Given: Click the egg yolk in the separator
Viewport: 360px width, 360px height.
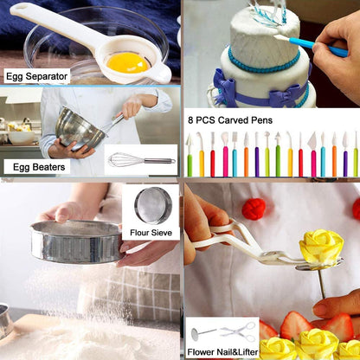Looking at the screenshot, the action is [x=127, y=62].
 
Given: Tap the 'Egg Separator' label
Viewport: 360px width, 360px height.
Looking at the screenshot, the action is [x=36, y=76].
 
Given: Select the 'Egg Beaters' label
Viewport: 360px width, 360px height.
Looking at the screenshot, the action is [x=39, y=167].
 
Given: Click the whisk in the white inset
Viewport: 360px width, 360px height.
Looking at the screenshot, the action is [x=141, y=159].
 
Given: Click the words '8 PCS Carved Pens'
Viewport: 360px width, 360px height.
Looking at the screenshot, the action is [x=230, y=120].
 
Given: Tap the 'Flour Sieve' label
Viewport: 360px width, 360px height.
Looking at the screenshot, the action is [x=151, y=233].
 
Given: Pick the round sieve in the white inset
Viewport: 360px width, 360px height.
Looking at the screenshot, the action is [x=153, y=205].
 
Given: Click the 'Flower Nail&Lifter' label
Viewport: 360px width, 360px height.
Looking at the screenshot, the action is [x=222, y=352].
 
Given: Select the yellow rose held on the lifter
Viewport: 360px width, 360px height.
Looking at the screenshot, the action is [x=321, y=246].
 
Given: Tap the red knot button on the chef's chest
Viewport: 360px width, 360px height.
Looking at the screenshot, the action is [x=254, y=209].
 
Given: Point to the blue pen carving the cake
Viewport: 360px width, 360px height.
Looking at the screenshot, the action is [x=311, y=44].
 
